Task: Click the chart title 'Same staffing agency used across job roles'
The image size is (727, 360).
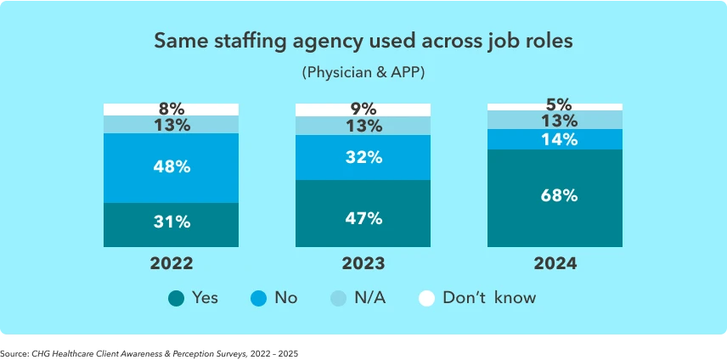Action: tap(363, 41)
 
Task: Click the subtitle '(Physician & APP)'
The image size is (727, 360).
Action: tap(363, 73)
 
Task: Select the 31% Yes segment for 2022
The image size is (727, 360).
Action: tap(172, 223)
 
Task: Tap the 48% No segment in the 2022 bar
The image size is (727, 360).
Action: tap(172, 167)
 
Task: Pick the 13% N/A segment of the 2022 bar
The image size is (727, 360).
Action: tap(172, 125)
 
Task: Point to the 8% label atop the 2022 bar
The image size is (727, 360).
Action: tap(172, 110)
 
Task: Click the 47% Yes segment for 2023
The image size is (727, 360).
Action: tap(363, 217)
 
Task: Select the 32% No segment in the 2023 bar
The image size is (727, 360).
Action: tap(363, 157)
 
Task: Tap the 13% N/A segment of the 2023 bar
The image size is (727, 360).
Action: tap(363, 127)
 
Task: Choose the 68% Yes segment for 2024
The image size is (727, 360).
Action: tap(555, 196)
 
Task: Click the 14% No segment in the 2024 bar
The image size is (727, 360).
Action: tap(555, 139)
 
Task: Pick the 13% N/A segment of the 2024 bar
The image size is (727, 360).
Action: tap(555, 120)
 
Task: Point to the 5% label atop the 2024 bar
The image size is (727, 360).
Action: tap(555, 106)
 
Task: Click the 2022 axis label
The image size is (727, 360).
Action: tap(172, 264)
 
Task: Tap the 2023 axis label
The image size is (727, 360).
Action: tap(363, 264)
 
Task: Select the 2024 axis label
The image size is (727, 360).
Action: tap(555, 264)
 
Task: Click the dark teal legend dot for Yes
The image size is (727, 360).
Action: tap(177, 298)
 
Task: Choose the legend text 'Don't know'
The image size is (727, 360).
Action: tap(489, 298)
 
